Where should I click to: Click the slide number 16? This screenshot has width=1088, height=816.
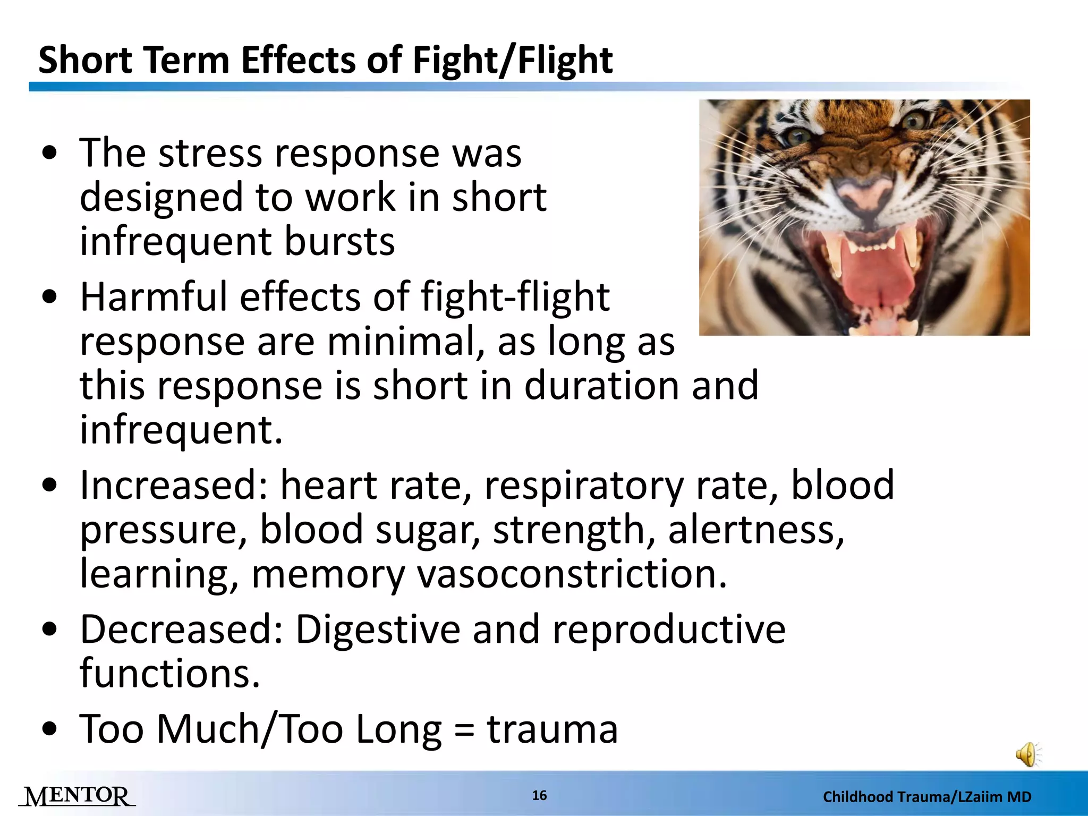point(539,795)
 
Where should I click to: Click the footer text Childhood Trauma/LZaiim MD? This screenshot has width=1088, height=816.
point(927,797)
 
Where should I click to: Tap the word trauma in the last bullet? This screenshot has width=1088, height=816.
point(552,729)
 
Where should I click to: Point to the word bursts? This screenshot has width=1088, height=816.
point(339,241)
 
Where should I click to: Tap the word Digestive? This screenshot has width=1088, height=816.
point(377,630)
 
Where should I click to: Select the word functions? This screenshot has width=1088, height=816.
point(169,674)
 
